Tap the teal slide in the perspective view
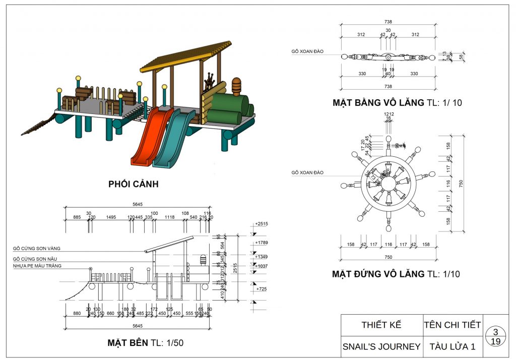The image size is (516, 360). tap(174, 139)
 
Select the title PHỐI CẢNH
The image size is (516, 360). tap(134, 184)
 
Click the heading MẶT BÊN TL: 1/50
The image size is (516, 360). tap(146, 343)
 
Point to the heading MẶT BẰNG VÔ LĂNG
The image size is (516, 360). tap(397, 103)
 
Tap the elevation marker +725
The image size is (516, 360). tap(261, 289)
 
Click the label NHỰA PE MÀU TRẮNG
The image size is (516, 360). tap(38, 266)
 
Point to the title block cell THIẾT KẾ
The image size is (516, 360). tap(381, 325)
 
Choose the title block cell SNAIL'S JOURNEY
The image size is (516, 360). tap(381, 347)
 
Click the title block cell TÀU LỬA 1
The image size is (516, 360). tap(453, 347)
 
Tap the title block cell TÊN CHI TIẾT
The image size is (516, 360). tap(453, 325)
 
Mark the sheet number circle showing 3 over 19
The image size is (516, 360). tap(496, 337)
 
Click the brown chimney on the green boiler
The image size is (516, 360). tap(236, 85)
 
